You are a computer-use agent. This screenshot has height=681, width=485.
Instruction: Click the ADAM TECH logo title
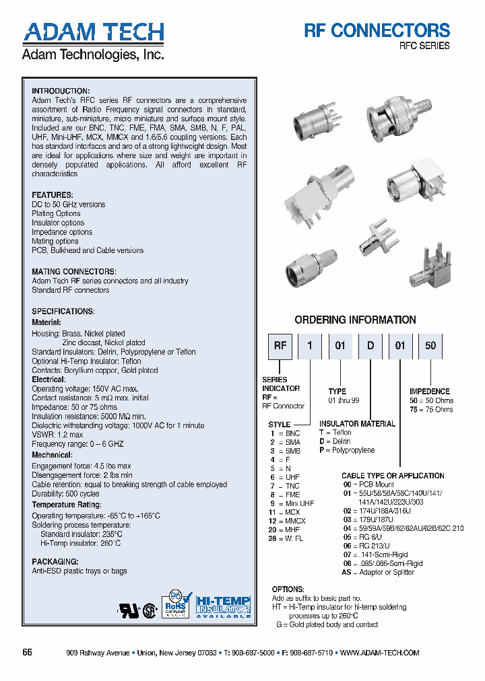click(x=93, y=32)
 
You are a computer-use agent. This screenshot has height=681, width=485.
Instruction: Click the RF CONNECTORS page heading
click(x=377, y=30)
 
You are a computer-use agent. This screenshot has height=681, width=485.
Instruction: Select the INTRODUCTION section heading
click(x=61, y=91)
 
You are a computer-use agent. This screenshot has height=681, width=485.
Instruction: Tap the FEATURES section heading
click(x=52, y=195)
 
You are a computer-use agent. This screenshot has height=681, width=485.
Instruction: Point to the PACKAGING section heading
click(x=55, y=561)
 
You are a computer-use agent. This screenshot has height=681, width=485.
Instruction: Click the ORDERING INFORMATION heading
click(x=355, y=320)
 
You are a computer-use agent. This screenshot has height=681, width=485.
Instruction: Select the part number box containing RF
click(x=280, y=346)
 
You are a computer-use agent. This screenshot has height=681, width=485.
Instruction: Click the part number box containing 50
click(x=430, y=346)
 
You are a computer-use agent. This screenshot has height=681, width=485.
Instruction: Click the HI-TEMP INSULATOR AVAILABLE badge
click(x=223, y=606)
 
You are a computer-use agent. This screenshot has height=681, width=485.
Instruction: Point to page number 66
click(x=28, y=653)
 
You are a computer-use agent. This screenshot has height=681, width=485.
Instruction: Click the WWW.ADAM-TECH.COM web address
click(x=380, y=653)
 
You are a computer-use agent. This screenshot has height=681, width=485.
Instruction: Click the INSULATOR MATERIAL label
click(x=357, y=424)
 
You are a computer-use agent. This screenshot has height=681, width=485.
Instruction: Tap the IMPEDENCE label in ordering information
click(x=430, y=391)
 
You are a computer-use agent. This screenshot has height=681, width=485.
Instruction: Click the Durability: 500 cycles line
click(x=65, y=494)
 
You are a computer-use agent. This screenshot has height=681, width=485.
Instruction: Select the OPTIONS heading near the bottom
click(x=288, y=589)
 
